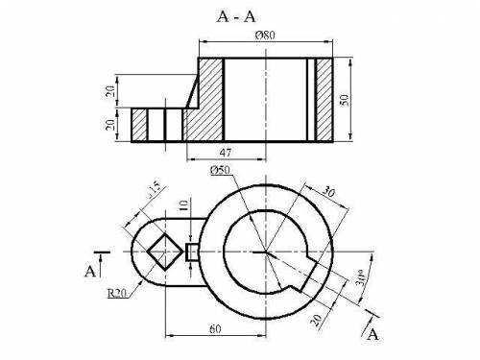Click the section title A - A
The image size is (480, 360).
236,16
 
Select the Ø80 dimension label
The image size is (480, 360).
265,35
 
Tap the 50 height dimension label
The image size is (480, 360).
344,100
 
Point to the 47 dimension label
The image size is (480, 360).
226,153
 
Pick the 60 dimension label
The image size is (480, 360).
215,328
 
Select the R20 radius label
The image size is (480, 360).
117,293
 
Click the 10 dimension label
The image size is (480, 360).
183,204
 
